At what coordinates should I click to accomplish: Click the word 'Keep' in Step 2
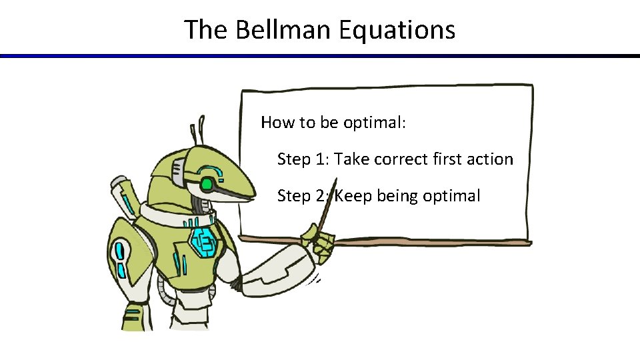353,196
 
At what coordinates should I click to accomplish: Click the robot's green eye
207,183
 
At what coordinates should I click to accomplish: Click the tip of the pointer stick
336,179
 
